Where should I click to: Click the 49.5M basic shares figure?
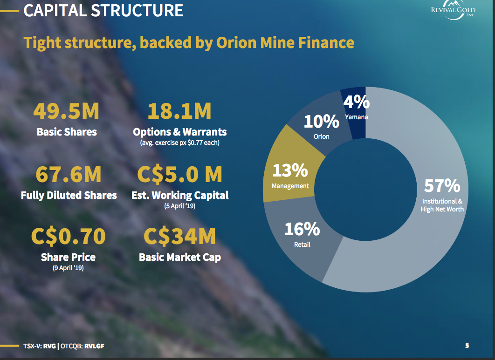pos(67,111)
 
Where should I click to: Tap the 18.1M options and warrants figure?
pos(179,111)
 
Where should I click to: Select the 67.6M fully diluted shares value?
pos(69,174)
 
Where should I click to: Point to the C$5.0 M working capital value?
pos(180,174)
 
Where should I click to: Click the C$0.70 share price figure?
pos(68,237)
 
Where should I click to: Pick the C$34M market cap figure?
pos(180,237)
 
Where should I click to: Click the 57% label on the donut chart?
pos(442,186)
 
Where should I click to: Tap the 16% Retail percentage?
pos(302,229)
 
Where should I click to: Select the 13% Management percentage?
pos(290,170)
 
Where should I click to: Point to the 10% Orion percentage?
pos(321,122)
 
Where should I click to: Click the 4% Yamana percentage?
pos(357,102)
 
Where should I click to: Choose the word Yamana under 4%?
pos(357,117)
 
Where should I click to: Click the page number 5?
pos(467,346)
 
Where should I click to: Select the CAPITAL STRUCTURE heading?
pos(103,10)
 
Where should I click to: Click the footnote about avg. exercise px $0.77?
pos(179,143)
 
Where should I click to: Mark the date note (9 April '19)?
pos(68,268)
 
